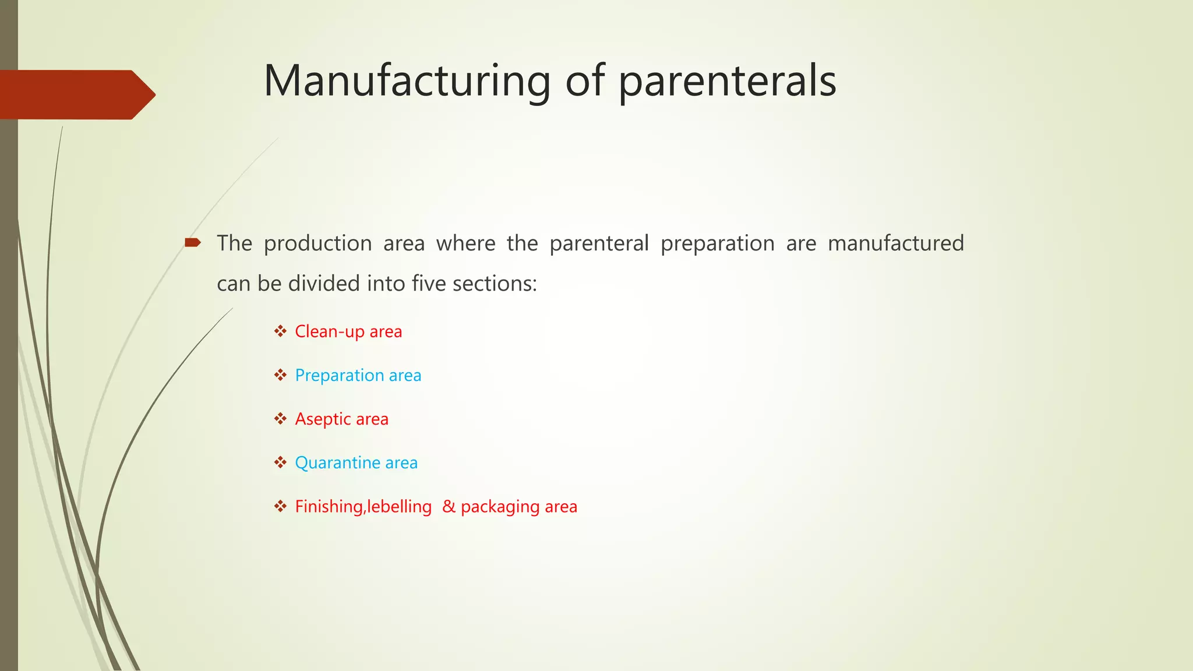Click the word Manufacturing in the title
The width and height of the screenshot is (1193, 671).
pos(407,81)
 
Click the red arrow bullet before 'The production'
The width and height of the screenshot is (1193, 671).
pos(193,242)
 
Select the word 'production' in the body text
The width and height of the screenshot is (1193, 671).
pos(317,243)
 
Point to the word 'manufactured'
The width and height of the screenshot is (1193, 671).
pos(895,243)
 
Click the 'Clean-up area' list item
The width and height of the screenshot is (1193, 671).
pos(348,331)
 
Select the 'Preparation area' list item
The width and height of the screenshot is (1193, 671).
pos(358,375)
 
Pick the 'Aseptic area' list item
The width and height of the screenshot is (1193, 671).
pos(341,419)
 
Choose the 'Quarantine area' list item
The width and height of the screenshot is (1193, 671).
pos(356,462)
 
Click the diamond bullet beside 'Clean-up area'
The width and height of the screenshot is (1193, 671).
pos(281,331)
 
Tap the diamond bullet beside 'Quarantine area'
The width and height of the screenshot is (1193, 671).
pos(281,462)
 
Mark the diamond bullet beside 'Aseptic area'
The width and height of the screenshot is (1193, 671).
pos(281,419)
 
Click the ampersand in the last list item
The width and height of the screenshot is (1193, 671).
pos(449,506)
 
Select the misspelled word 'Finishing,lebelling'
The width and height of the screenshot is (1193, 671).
pos(363,507)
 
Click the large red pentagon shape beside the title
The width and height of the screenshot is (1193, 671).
pos(76,94)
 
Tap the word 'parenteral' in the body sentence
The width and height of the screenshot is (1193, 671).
pos(599,243)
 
